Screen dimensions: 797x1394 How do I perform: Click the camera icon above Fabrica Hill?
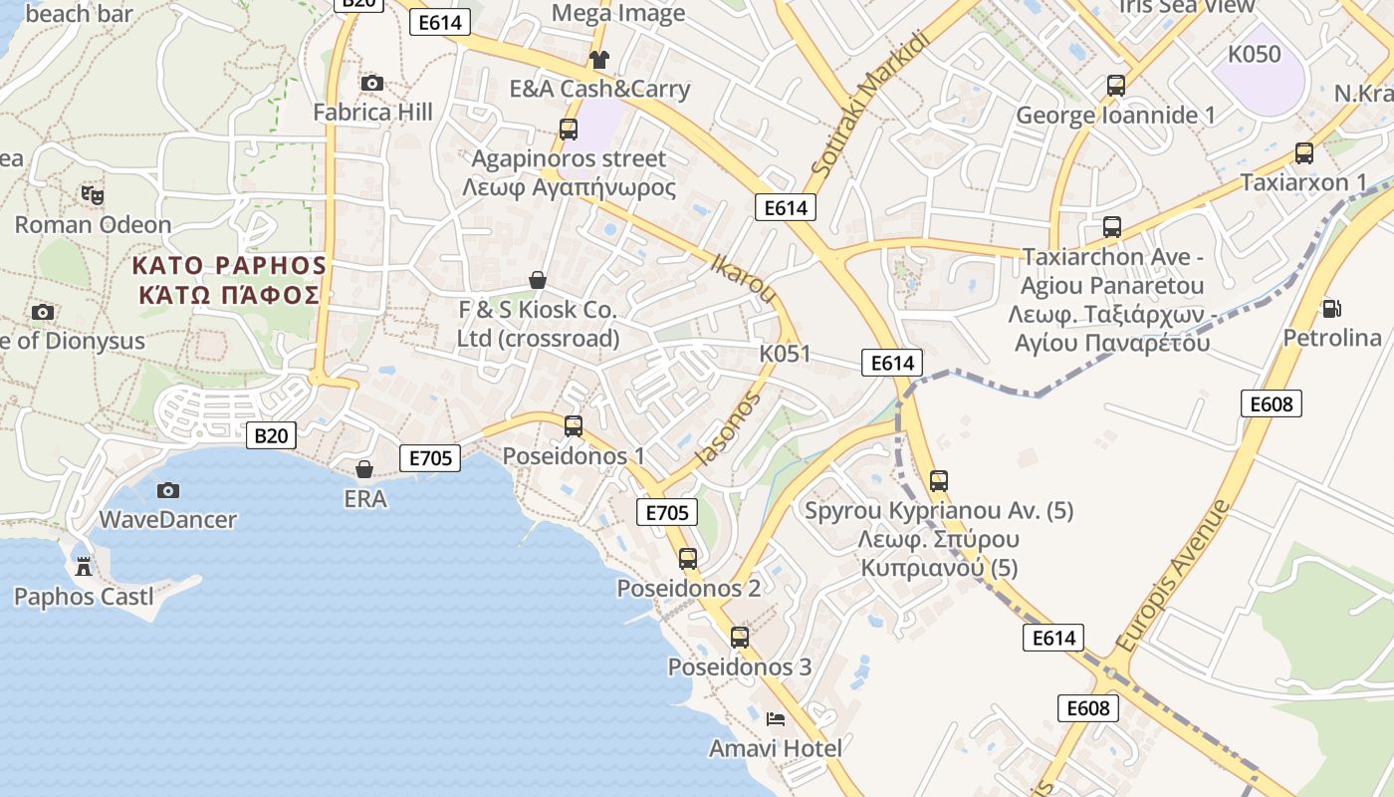click(372, 83)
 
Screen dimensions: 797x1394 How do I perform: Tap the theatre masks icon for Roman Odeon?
click(93, 194)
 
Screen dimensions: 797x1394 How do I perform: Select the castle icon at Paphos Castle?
click(84, 567)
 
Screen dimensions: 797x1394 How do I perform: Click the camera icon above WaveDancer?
click(168, 490)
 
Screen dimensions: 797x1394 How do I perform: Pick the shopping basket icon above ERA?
click(364, 468)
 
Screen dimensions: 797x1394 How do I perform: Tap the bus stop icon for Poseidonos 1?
click(574, 426)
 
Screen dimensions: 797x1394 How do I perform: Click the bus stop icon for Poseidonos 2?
click(688, 559)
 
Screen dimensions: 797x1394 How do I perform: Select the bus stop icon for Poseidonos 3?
click(739, 638)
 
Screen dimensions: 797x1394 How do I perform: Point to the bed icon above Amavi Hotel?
click(776, 718)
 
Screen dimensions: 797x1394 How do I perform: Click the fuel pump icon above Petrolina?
click(1331, 309)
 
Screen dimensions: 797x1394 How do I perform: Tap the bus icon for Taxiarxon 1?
click(1303, 153)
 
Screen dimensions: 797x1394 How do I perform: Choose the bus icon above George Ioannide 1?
click(1115, 86)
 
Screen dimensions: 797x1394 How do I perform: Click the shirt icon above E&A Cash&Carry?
click(598, 60)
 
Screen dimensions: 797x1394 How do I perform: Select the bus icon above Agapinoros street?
click(568, 129)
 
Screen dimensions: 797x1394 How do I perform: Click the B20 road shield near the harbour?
click(271, 434)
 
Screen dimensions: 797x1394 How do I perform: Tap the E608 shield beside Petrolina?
click(1272, 403)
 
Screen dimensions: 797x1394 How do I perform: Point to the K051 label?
click(785, 354)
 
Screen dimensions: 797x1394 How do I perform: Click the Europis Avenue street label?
click(1174, 576)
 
